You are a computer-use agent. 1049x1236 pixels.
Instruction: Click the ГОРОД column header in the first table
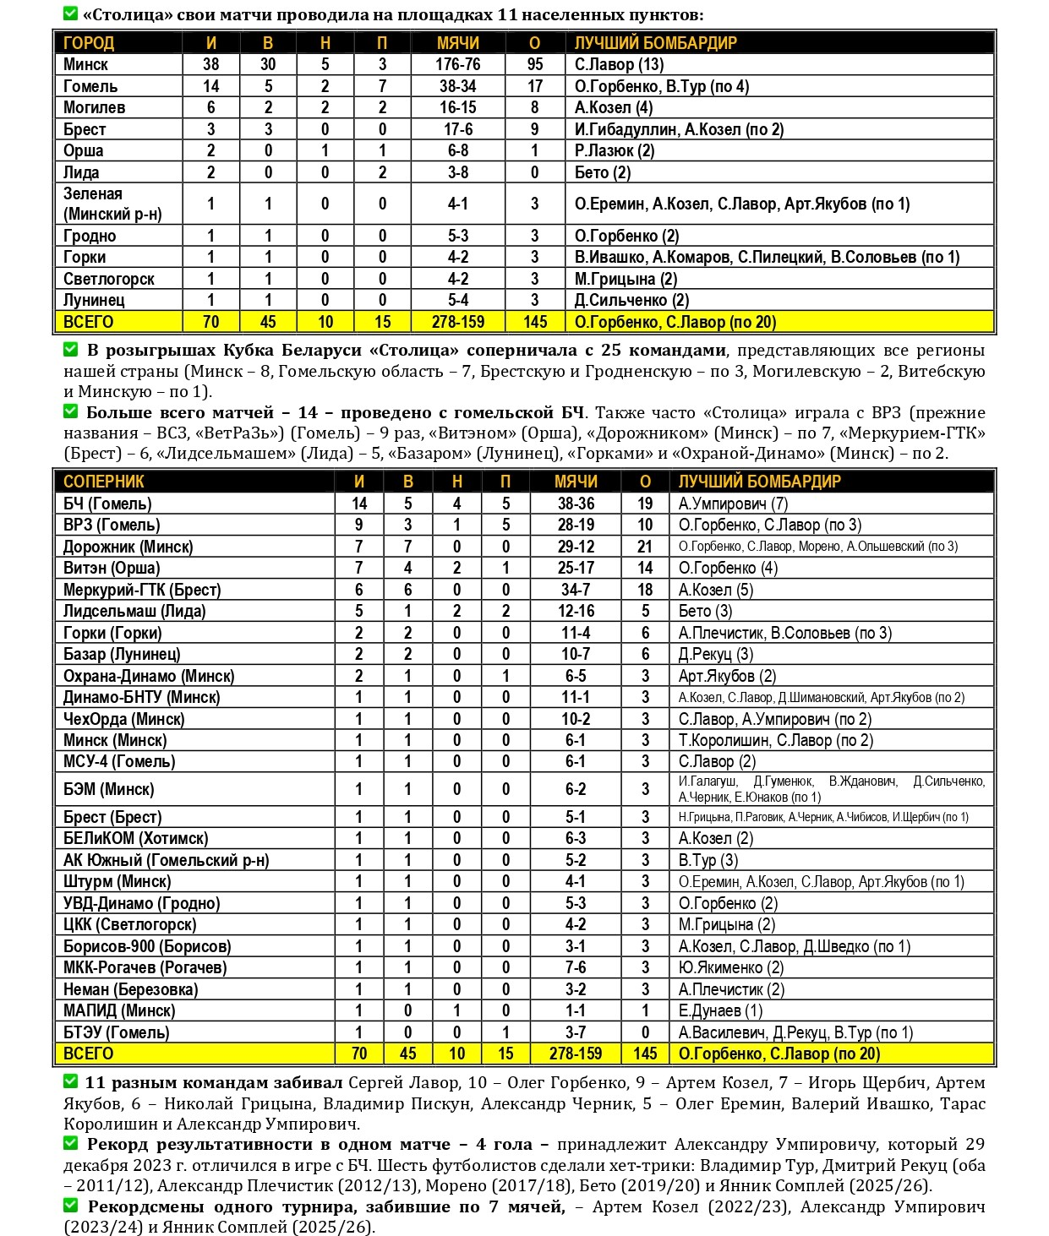pyautogui.click(x=89, y=43)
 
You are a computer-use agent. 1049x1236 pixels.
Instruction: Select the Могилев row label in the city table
pyautogui.click(x=95, y=107)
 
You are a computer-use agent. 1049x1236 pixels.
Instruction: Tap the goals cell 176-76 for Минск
pyautogui.click(x=458, y=64)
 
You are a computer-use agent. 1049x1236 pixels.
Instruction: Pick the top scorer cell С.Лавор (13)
pyautogui.click(x=619, y=64)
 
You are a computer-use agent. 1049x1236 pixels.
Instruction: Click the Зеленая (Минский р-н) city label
pyautogui.click(x=112, y=204)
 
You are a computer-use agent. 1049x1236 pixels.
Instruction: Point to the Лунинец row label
pyautogui.click(x=94, y=300)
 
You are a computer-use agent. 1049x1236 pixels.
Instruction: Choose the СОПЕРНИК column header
pyautogui.click(x=104, y=482)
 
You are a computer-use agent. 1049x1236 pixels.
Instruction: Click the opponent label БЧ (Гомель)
pyautogui.click(x=107, y=504)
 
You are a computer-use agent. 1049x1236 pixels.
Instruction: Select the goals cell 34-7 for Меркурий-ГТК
pyautogui.click(x=576, y=590)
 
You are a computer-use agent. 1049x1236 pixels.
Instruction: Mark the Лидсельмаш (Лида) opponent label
pyautogui.click(x=134, y=611)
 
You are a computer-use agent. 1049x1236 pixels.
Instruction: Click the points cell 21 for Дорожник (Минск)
pyautogui.click(x=645, y=547)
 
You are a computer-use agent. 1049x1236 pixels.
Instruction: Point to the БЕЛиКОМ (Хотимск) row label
pyautogui.click(x=135, y=838)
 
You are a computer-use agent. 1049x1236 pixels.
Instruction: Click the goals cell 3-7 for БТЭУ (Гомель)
pyautogui.click(x=576, y=1032)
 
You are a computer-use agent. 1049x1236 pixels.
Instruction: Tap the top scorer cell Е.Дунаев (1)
pyautogui.click(x=720, y=1010)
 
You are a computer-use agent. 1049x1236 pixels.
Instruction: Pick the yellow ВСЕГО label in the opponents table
pyautogui.click(x=88, y=1054)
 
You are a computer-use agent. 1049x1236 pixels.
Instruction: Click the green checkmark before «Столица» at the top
pyautogui.click(x=71, y=14)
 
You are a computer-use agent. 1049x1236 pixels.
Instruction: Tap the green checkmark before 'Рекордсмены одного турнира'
pyautogui.click(x=71, y=1206)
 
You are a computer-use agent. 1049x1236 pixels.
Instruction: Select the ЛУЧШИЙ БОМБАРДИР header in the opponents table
pyautogui.click(x=759, y=482)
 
